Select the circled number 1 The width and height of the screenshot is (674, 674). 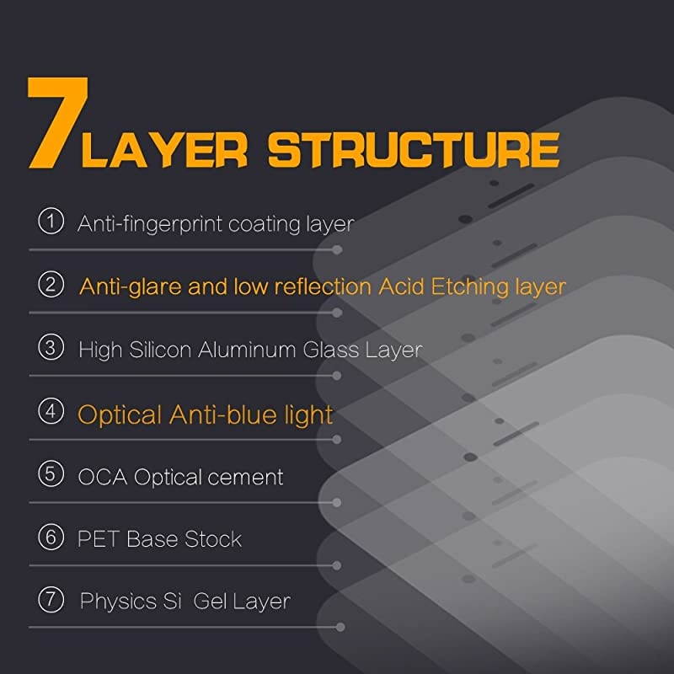[x=51, y=222]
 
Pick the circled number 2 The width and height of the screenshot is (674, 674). [x=51, y=284]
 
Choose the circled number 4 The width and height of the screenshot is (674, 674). [x=51, y=411]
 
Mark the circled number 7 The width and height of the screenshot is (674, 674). [x=51, y=599]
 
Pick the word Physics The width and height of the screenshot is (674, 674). [x=119, y=602]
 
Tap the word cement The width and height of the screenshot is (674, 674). [x=244, y=478]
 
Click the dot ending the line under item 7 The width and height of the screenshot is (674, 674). [x=340, y=627]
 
